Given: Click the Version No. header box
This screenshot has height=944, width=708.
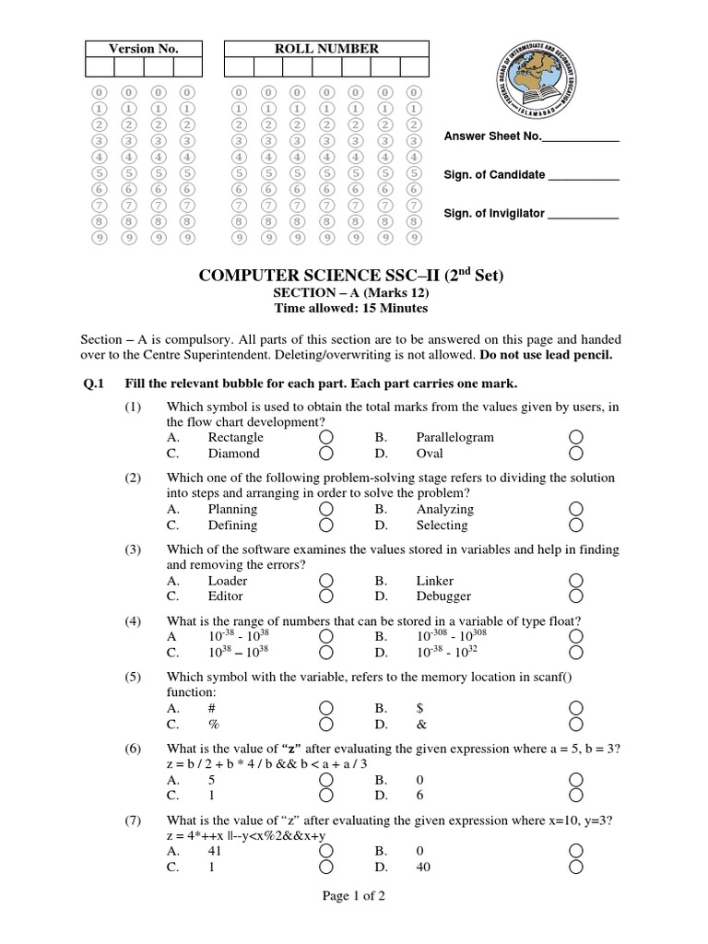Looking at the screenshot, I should point(143,49).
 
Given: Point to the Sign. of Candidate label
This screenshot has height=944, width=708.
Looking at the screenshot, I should point(495,175).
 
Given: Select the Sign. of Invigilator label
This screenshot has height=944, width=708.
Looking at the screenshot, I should point(494,213).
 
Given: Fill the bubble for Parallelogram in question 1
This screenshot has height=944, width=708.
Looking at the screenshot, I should point(576,437).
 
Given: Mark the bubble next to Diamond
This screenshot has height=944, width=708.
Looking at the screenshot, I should point(326,454).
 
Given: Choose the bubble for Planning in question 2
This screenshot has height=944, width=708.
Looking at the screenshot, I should point(326,509).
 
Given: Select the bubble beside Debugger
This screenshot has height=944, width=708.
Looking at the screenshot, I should point(576,596).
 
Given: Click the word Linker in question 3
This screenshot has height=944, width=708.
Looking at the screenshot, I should point(435,581).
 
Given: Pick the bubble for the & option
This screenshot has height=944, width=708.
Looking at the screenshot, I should point(576,724).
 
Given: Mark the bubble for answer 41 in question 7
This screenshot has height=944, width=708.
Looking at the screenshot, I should point(326,851).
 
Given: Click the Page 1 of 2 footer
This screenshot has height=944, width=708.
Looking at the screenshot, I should point(353,898).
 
